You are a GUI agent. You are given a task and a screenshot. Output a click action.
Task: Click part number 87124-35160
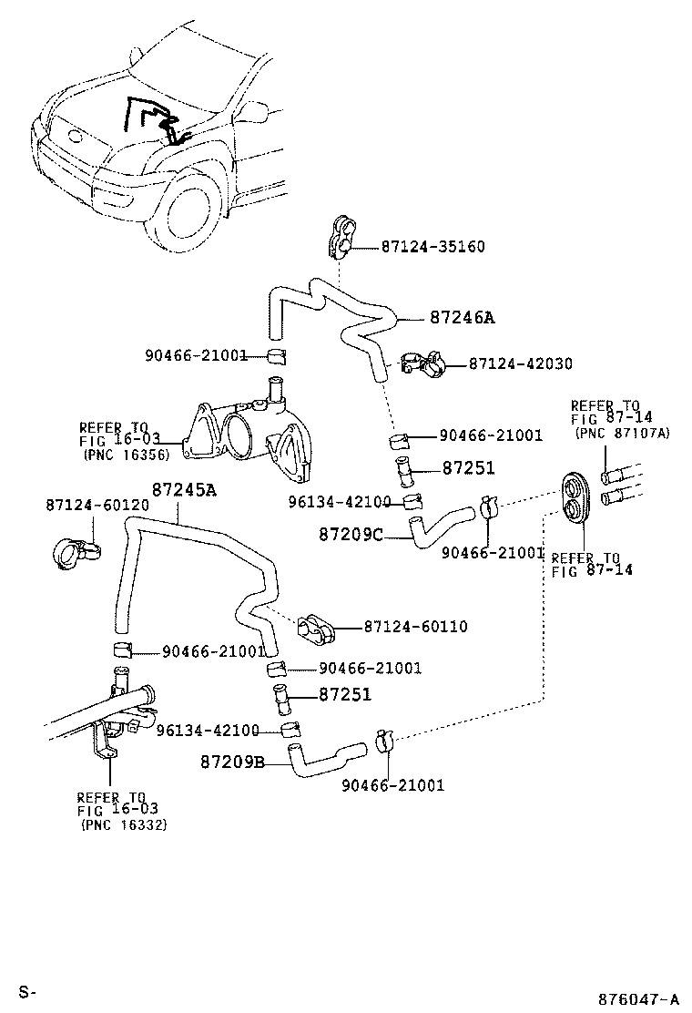point(432,247)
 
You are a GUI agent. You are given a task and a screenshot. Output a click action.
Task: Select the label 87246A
point(462,318)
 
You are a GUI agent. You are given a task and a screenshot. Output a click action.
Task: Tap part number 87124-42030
point(521,363)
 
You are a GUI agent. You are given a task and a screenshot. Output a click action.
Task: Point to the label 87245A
point(184,489)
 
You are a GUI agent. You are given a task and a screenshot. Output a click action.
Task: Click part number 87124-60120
point(86,504)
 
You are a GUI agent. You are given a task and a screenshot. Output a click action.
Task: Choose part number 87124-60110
point(415,627)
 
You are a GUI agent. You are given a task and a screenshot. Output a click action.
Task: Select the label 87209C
point(351,535)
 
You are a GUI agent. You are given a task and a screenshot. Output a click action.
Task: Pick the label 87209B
point(232,761)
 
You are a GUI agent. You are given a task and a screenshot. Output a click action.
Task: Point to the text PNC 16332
point(124,824)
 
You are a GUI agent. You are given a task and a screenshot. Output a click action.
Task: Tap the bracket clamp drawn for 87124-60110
point(315,626)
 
